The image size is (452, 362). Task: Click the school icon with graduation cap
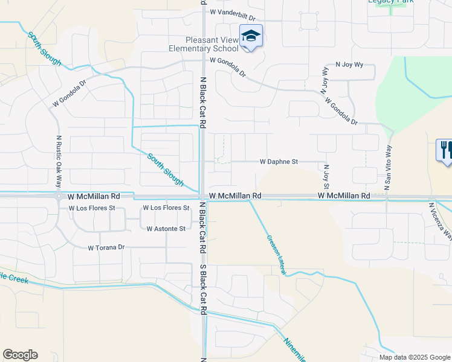tap(251, 36)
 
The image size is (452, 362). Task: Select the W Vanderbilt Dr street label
tap(233, 11)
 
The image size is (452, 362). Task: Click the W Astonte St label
tap(166, 229)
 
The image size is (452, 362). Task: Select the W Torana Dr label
tap(106, 247)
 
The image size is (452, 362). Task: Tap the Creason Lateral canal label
tap(276, 255)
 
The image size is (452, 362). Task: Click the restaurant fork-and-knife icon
tap(445, 150)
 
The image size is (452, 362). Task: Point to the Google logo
tap(20, 355)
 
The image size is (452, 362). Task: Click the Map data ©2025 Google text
tap(415, 357)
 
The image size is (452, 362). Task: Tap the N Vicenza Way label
tap(439, 221)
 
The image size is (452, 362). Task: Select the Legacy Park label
tap(390, 2)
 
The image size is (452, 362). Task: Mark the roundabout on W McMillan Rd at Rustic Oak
tap(59, 196)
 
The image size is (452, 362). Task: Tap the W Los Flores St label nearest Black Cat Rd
tap(166, 208)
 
